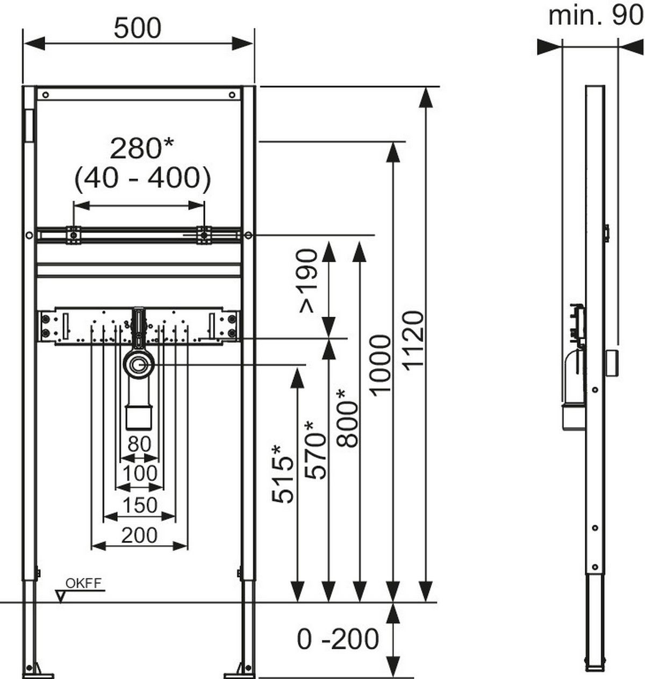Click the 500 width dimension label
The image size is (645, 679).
pyautogui.click(x=138, y=28)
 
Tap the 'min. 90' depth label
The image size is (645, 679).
pyautogui.click(x=596, y=16)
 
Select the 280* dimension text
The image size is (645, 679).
pyautogui.click(x=142, y=148)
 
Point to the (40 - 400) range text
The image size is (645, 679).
pyautogui.click(x=142, y=178)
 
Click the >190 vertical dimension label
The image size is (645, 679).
pyautogui.click(x=308, y=281)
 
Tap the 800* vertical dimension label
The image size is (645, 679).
pyautogui.click(x=347, y=418)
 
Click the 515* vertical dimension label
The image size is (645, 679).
pyautogui.click(x=283, y=474)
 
